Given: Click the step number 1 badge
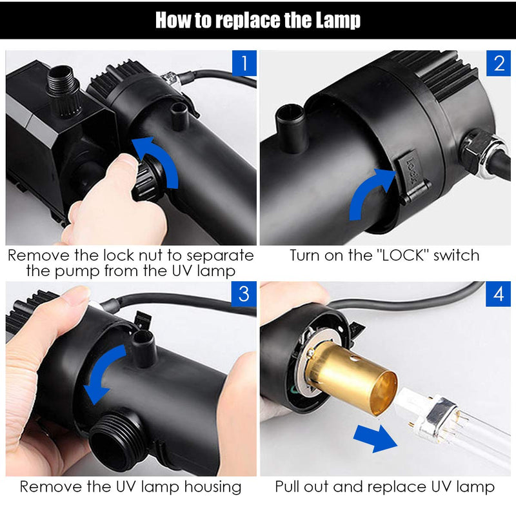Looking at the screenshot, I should tap(244, 64).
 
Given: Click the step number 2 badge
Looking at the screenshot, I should tap(498, 64).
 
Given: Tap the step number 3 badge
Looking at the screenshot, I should tap(244, 294).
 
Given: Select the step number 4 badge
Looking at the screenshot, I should tap(498, 294).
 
